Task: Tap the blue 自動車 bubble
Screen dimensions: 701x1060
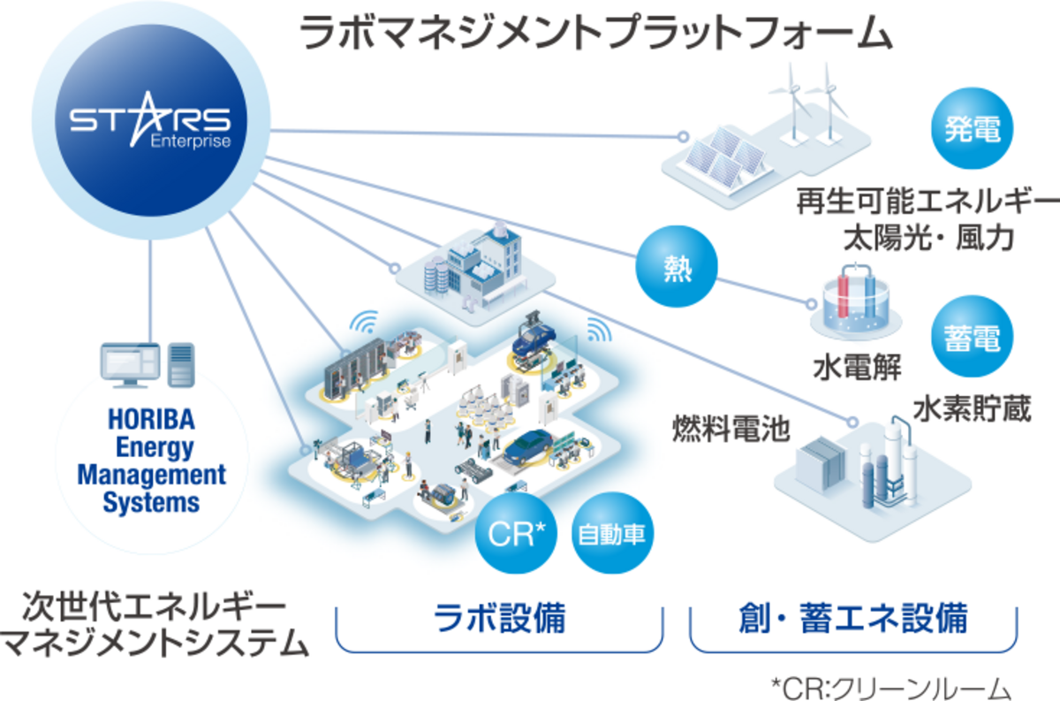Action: coord(612,535)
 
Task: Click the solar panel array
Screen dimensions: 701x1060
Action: coord(717,159)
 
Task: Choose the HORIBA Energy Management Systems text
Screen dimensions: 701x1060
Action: coord(151,460)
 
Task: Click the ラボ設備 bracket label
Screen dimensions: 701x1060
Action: coord(499,617)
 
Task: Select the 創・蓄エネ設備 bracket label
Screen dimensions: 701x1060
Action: coord(852,617)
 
